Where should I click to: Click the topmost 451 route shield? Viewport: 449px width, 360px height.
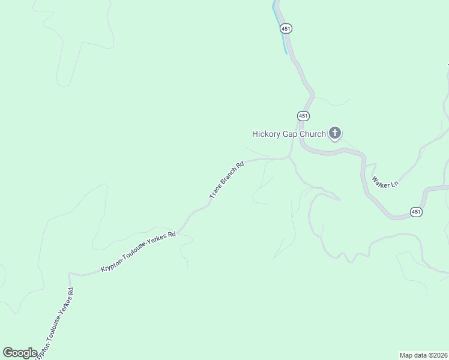click(286, 28)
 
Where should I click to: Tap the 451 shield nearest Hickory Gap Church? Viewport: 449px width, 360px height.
click(304, 115)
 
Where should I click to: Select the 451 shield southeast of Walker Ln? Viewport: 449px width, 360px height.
click(417, 212)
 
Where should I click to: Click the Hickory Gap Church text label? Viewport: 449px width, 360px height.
click(288, 134)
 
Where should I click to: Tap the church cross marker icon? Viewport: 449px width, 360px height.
click(335, 133)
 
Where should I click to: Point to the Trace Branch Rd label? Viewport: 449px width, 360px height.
click(226, 179)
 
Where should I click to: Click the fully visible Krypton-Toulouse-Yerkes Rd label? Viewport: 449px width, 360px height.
click(138, 251)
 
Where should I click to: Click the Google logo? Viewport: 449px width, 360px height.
click(20, 353)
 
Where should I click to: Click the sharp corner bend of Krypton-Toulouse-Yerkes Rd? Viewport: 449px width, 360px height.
click(70, 274)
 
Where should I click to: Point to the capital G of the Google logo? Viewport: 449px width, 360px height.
click(8, 352)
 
